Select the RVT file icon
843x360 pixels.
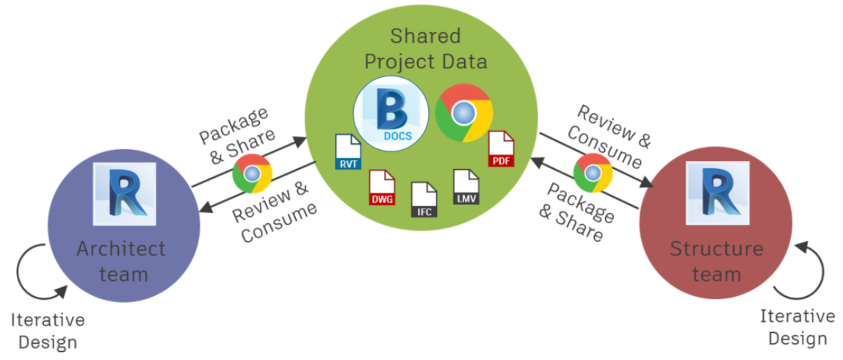click(x=348, y=153)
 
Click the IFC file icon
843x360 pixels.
click(x=424, y=198)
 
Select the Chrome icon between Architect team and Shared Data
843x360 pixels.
click(x=252, y=173)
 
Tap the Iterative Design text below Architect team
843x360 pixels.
click(x=48, y=331)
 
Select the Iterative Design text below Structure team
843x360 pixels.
click(x=797, y=327)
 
